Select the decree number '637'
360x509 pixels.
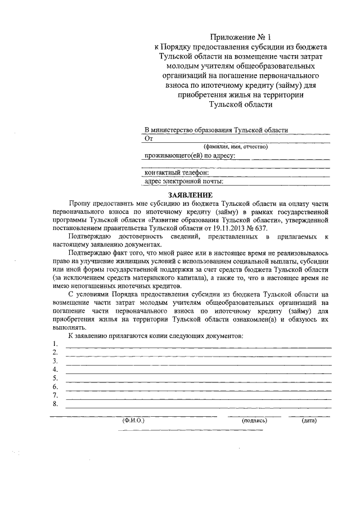click(262, 229)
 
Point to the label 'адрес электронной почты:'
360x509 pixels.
click(184, 181)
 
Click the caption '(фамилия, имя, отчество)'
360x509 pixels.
click(236, 146)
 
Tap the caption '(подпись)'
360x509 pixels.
click(254, 420)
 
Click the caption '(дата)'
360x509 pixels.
click(309, 420)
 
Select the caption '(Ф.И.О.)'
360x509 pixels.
click(133, 420)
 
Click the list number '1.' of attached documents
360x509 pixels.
click(55, 344)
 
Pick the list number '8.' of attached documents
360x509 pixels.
click(55, 404)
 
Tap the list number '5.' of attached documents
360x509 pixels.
click(55, 378)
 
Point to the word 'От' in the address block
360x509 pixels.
click(149, 138)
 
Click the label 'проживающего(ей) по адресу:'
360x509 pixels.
click(190, 155)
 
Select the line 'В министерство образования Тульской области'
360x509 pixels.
click(216, 129)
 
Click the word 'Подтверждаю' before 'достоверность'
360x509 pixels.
click(89, 237)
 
